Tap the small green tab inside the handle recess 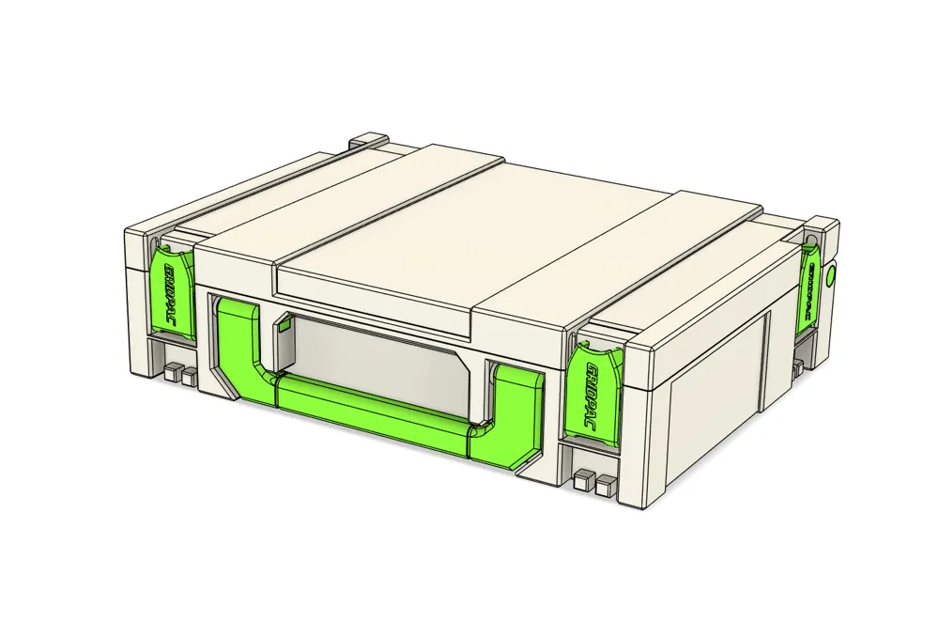click(x=283, y=326)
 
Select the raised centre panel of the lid click(x=469, y=240)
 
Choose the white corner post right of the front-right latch click(x=648, y=423)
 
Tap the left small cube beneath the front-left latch click(x=171, y=373)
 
